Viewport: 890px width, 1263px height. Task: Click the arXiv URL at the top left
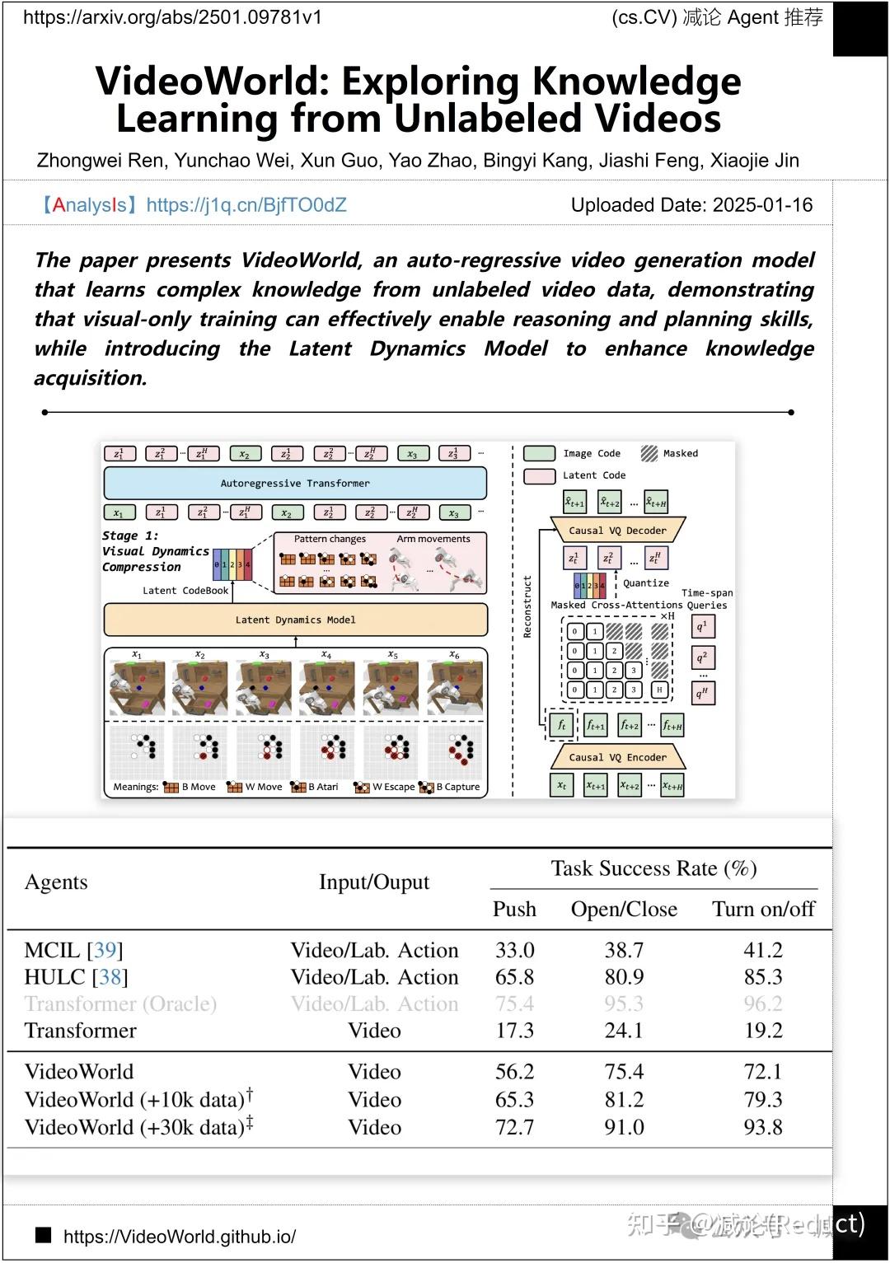[x=172, y=17]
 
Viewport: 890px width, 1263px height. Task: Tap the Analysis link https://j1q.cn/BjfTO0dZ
[x=246, y=205]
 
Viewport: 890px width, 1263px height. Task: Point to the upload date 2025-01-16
[x=762, y=205]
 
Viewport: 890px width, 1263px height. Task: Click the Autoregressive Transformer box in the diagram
[x=295, y=484]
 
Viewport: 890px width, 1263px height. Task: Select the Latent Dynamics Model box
[x=295, y=620]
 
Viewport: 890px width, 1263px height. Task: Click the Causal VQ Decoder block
[x=617, y=531]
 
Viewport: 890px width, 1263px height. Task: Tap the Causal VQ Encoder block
[x=617, y=757]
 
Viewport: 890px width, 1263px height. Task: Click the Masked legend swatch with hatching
[x=649, y=453]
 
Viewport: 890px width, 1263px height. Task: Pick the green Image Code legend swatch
[x=540, y=453]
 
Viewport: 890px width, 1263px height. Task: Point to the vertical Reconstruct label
[x=527, y=606]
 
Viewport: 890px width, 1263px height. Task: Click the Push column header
[x=514, y=909]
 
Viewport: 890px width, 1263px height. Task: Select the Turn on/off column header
[x=763, y=909]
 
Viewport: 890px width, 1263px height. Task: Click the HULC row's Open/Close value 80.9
[x=624, y=977]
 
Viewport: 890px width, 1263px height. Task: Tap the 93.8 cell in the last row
[x=763, y=1127]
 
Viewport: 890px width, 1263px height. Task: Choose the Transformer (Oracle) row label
[x=120, y=1003]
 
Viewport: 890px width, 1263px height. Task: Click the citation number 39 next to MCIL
[x=105, y=950]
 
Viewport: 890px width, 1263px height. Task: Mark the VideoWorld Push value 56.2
[x=514, y=1071]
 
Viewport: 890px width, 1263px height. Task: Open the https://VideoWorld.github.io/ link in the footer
[x=179, y=1237]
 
